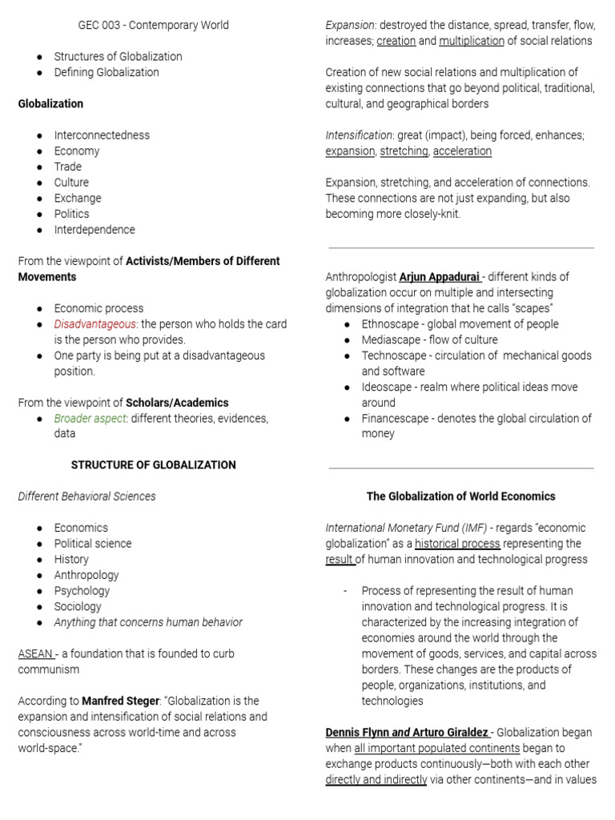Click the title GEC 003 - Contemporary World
pos(153,25)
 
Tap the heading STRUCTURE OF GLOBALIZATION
pos(154,465)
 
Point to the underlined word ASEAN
pos(35,653)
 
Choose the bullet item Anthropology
pos(86,575)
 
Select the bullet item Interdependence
pos(94,230)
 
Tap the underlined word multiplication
pos(472,41)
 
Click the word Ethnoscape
pos(392,324)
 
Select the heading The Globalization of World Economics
pos(460,496)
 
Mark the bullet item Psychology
pos(82,591)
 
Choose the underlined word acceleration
pos(462,151)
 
